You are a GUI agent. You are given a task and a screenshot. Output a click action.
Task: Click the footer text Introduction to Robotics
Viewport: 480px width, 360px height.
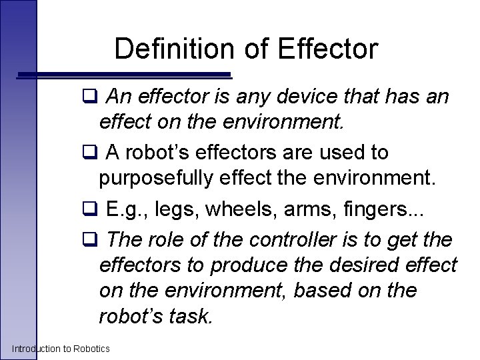pyautogui.click(x=61, y=349)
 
